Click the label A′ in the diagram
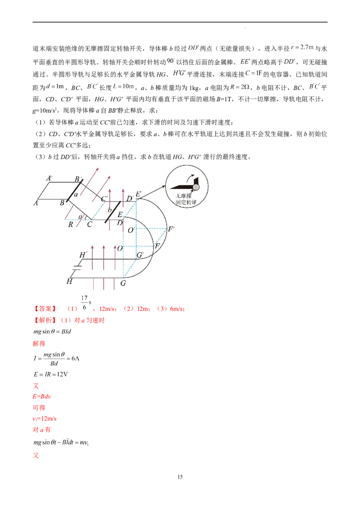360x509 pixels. point(49,178)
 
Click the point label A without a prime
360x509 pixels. point(35,203)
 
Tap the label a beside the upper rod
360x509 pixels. point(76,194)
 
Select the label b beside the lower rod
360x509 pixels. point(108,210)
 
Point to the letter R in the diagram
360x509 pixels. point(70,224)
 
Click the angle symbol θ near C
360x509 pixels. point(80,217)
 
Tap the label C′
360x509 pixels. point(104,199)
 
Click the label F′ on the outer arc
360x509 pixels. point(171,229)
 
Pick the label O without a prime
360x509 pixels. point(120,248)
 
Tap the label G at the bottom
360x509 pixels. point(123,284)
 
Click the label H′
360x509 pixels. point(83,255)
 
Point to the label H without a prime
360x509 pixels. point(69,281)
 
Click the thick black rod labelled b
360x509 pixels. point(112,212)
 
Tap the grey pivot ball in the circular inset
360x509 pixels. point(196,187)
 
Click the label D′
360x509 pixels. point(130,198)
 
